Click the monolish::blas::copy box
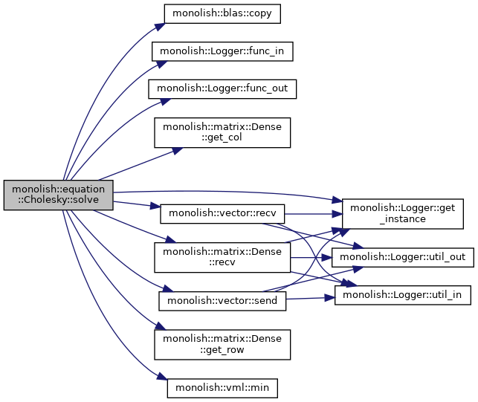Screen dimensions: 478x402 [222, 13]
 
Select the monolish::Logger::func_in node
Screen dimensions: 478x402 [222, 51]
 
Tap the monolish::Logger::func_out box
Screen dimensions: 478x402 [222, 89]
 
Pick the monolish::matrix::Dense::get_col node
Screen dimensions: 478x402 [222, 132]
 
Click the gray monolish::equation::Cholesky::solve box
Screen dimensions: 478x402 [58, 195]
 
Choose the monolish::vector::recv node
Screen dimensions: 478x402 [222, 214]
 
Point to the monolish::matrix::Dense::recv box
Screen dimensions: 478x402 [222, 258]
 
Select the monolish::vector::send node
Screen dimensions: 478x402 [222, 301]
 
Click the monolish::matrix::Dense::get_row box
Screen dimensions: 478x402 [222, 345]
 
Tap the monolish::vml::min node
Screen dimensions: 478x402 [222, 389]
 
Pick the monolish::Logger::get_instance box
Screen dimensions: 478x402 [403, 214]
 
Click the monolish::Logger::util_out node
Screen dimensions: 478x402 [403, 258]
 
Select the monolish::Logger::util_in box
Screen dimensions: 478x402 [403, 295]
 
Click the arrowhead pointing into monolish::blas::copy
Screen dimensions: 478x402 [160, 27]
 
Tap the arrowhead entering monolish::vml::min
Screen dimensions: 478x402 [162, 377]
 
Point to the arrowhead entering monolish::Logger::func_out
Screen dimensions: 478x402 [165, 102]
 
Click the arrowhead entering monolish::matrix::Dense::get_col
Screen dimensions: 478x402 [178, 151]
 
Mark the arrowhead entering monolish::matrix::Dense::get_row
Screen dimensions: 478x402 [161, 326]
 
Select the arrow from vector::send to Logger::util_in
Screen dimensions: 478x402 [310, 298]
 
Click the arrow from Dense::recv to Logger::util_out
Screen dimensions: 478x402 [311, 258]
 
